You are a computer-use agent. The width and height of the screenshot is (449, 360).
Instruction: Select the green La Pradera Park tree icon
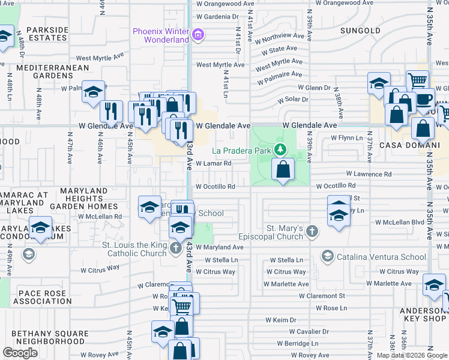point(279,148)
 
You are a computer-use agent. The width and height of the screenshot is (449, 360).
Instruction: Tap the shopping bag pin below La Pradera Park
point(283,170)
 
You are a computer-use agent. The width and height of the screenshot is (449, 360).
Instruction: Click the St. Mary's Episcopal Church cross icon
point(312,231)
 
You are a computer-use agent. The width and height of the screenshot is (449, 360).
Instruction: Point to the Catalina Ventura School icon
point(327,256)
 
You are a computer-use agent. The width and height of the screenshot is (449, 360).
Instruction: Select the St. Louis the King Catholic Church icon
point(175,248)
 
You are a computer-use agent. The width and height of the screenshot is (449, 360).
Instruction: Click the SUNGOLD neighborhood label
point(360,30)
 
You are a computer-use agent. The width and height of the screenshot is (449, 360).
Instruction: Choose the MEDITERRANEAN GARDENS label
point(44,71)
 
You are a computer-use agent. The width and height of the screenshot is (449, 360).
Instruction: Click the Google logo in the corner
point(20,352)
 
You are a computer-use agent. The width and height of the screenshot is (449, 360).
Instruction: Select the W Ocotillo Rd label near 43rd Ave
point(215,187)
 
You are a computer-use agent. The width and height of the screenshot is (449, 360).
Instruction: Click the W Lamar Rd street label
point(213,163)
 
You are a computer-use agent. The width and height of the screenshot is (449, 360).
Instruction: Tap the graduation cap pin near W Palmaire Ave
point(93,92)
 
